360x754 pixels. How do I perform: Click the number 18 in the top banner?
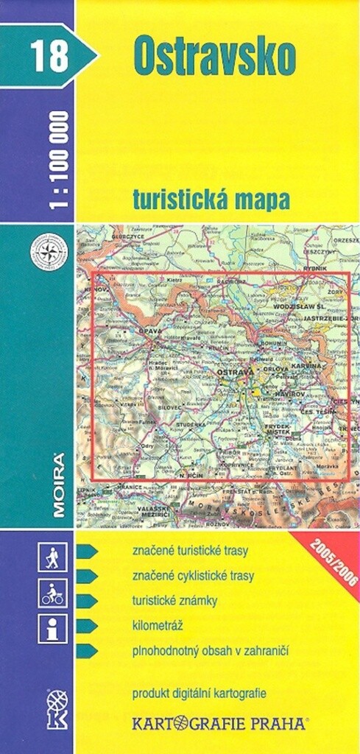[x=49, y=57]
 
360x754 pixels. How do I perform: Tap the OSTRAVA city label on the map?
[x=235, y=373]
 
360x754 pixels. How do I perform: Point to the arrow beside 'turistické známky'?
[x=87, y=601]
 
